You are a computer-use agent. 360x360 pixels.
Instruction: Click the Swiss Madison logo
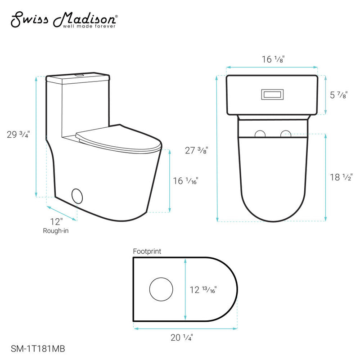point(63,18)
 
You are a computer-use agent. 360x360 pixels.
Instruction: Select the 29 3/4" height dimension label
point(18,134)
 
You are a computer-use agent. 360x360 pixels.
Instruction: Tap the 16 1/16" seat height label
point(185,180)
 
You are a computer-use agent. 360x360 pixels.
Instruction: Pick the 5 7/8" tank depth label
point(339,95)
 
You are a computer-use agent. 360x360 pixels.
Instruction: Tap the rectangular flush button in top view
point(271,95)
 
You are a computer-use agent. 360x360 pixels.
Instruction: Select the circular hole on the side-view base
point(78,197)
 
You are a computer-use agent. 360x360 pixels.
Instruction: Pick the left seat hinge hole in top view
point(260,134)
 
